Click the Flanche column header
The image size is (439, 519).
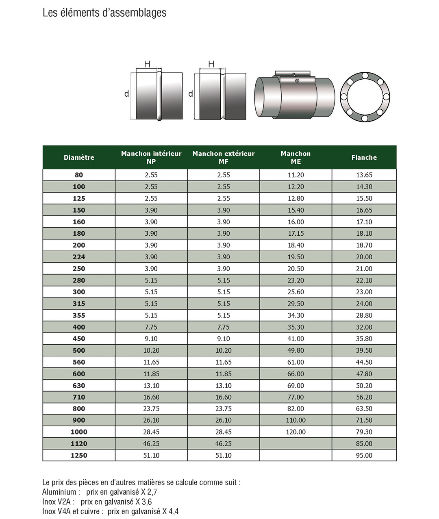[364, 157]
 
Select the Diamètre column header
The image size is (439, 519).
[79, 157]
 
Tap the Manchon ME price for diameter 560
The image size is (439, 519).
[296, 362]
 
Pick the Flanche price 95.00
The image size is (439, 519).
[364, 455]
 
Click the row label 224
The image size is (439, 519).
[79, 257]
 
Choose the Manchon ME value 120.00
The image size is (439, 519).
[296, 432]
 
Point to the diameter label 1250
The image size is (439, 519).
[79, 455]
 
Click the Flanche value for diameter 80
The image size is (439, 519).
[364, 175]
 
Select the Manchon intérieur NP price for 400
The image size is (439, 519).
[151, 327]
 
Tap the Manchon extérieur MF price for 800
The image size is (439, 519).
[223, 408]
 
